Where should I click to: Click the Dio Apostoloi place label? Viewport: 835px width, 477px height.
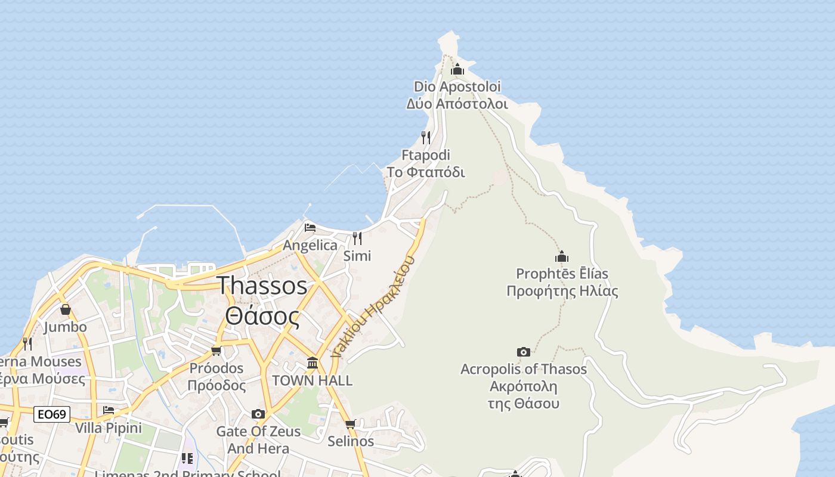coord(457,95)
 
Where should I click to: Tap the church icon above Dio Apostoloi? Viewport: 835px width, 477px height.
coord(457,70)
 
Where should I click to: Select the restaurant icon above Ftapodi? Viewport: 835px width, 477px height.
coord(426,138)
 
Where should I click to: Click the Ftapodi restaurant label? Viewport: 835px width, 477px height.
coord(426,164)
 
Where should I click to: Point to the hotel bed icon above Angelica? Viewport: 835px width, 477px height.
coord(310,227)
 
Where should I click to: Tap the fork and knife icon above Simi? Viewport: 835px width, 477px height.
coord(357,238)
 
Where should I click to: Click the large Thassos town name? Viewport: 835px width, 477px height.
coord(262,301)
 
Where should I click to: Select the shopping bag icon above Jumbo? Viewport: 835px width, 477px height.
coord(66,309)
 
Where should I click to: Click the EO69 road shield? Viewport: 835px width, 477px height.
coord(52,414)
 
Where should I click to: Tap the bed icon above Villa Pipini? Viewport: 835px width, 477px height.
coord(109,410)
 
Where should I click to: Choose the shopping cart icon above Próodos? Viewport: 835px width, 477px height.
coord(217,351)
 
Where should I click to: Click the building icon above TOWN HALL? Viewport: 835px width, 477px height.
coord(313,363)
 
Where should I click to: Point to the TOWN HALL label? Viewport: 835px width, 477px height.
coord(313,380)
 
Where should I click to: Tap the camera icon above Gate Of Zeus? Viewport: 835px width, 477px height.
coord(258,414)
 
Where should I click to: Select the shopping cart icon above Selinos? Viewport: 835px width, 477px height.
coord(351,424)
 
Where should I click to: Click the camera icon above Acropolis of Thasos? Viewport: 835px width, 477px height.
coord(524,352)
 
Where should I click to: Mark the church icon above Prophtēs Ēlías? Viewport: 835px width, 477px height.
coord(562,257)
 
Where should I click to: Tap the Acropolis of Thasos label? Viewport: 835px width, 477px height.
coord(524,386)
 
